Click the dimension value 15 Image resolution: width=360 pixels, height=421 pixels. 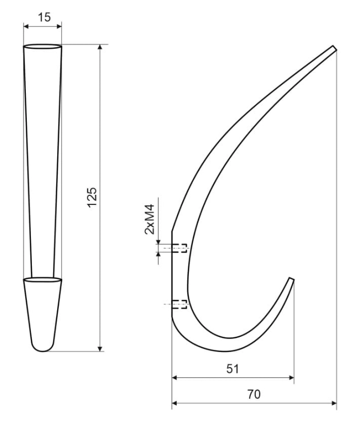click(x=44, y=17)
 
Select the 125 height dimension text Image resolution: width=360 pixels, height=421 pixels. click(x=92, y=198)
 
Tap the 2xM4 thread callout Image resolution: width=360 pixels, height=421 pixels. click(x=150, y=219)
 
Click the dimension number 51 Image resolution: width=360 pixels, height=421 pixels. click(x=232, y=369)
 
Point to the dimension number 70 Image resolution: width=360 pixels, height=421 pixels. click(x=253, y=394)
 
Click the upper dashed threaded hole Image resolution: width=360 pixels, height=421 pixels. click(x=179, y=248)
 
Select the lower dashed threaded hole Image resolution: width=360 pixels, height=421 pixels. click(x=179, y=304)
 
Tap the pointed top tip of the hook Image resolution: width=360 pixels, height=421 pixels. click(x=335, y=48)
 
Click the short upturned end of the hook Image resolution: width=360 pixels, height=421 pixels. click(x=292, y=279)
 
